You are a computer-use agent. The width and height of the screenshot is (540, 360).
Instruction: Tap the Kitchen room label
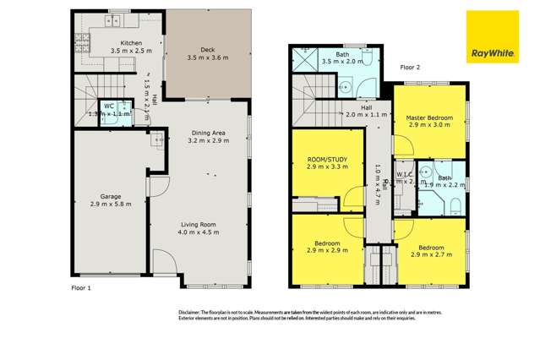click(x=131, y=42)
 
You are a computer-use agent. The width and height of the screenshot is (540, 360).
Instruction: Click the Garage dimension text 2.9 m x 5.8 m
click(x=111, y=205)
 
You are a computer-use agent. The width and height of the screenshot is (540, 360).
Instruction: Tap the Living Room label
click(x=199, y=222)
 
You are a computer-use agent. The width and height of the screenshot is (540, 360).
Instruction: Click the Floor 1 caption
click(x=82, y=288)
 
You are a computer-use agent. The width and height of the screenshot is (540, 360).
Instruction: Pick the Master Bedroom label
click(x=428, y=117)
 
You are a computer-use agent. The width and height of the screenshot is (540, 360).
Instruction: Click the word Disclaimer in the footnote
click(x=194, y=312)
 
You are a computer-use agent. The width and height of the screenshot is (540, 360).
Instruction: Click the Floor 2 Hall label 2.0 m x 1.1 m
click(x=366, y=114)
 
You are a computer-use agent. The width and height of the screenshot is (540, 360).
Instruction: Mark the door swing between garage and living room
click(x=158, y=188)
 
